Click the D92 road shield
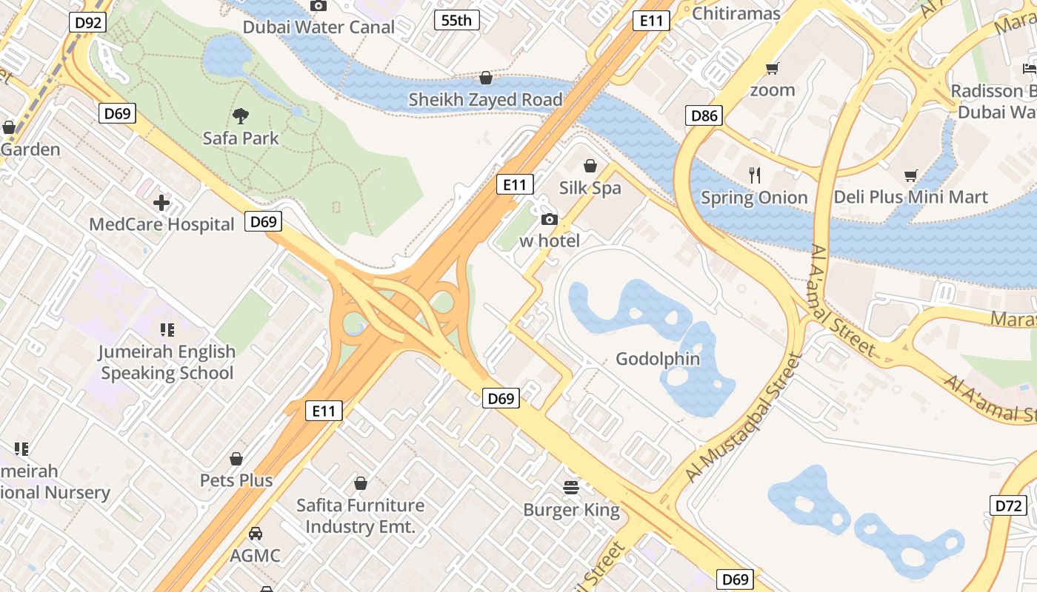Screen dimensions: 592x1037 point(88,22)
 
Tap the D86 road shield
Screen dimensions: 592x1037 point(704,115)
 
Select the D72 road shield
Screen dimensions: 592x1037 point(1008,506)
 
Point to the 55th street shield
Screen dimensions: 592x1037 point(456,20)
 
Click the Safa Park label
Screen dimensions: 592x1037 point(241,138)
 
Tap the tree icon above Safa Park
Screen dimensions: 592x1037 point(240,115)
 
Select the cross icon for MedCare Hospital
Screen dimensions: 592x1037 point(161,202)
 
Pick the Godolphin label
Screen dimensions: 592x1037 point(658,360)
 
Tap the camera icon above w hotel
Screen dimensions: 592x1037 point(550,219)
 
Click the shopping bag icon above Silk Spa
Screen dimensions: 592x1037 point(590,166)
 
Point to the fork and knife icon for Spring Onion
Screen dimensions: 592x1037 point(754,175)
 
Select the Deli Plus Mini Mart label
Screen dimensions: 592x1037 point(910,198)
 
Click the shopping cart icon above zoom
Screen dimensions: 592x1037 point(773,69)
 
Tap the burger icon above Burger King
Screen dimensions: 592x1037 point(571,488)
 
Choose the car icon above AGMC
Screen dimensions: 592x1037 point(256,533)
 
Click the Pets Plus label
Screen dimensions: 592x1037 point(236,480)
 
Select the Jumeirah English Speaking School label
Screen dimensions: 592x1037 point(167,363)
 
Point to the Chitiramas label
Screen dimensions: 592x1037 point(736,14)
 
